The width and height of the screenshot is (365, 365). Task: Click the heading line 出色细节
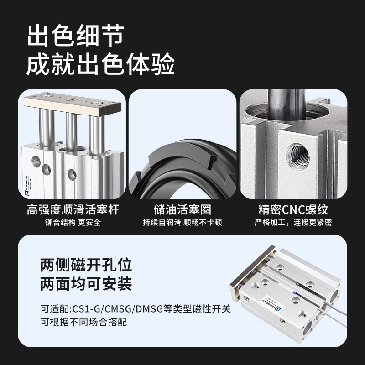click(x=75, y=36)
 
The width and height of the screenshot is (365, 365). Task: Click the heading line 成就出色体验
click(x=101, y=65)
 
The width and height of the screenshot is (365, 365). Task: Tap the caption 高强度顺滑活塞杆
click(x=73, y=210)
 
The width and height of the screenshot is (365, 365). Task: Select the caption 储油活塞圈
click(x=182, y=210)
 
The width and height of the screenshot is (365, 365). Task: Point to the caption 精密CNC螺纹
click(x=293, y=210)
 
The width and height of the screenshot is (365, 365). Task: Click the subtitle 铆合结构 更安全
click(x=73, y=223)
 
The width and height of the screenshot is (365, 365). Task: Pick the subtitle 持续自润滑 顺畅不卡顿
click(x=182, y=223)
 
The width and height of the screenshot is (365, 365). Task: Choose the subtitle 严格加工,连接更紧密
click(x=293, y=223)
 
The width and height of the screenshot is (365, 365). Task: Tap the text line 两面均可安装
click(x=86, y=284)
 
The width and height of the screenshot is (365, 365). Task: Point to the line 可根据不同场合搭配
click(x=83, y=322)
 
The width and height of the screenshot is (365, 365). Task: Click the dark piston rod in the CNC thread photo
click(x=286, y=103)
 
